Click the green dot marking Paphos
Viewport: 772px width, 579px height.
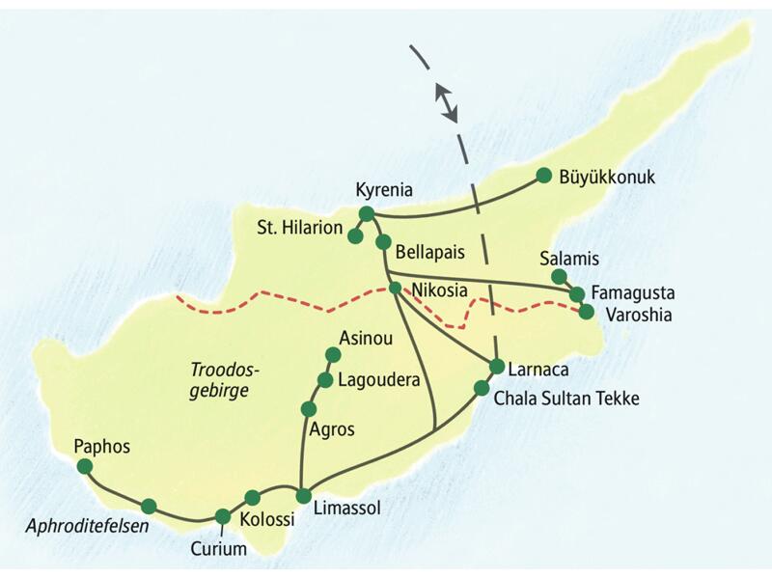pyautogui.click(x=84, y=466)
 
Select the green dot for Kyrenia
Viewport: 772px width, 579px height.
pyautogui.click(x=366, y=213)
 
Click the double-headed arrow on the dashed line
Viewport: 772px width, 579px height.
pyautogui.click(x=445, y=102)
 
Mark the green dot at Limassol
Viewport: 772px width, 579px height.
pyautogui.click(x=303, y=496)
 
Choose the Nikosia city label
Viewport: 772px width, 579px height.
pyautogui.click(x=440, y=289)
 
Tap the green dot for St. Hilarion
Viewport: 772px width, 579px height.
pyautogui.click(x=355, y=235)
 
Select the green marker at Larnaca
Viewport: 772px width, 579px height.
pyautogui.click(x=497, y=367)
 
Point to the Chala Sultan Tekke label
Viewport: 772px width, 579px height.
pyautogui.click(x=565, y=398)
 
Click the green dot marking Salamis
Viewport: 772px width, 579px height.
pyautogui.click(x=559, y=277)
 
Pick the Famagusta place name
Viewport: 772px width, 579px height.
pyautogui.click(x=633, y=291)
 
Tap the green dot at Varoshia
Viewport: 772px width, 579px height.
pyautogui.click(x=586, y=311)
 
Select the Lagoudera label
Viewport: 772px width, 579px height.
pyautogui.click(x=378, y=380)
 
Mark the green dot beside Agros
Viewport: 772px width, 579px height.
pyautogui.click(x=309, y=408)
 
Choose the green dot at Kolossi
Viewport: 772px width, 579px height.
pyautogui.click(x=253, y=498)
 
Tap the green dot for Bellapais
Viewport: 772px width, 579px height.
pyautogui.click(x=383, y=242)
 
